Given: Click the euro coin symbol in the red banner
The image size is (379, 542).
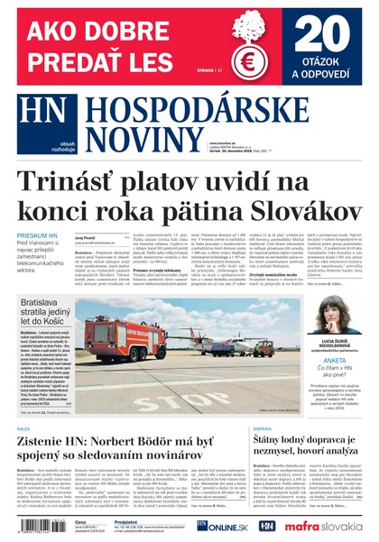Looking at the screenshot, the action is pyautogui.click(x=248, y=62).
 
